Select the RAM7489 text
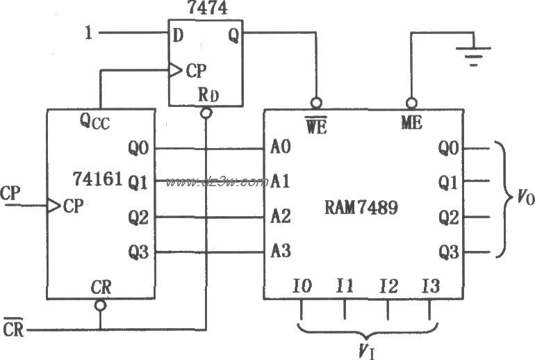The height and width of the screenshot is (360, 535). (x=362, y=207)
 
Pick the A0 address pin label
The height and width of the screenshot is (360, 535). (x=281, y=148)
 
